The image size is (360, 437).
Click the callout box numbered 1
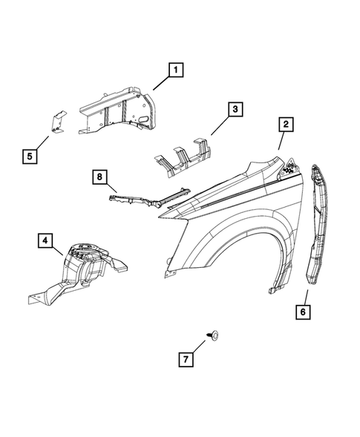click(176, 71)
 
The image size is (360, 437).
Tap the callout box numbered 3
click(235, 111)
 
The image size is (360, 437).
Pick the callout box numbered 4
click(46, 240)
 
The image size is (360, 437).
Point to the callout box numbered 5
click(30, 156)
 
